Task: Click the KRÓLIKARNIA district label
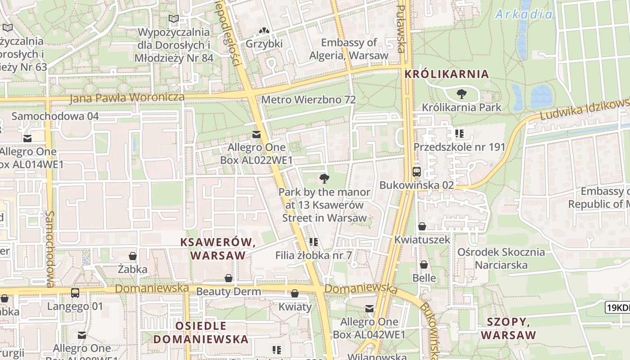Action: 446,74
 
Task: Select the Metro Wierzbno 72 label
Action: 308,99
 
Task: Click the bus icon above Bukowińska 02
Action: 417,172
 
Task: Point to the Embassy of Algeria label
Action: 349,49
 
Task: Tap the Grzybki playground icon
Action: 264,31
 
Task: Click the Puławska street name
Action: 401,30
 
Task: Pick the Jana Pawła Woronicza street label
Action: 127,97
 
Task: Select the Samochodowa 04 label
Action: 55,116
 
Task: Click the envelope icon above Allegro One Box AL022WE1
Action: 256,135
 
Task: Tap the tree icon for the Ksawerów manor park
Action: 324,179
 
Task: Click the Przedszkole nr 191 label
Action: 459,147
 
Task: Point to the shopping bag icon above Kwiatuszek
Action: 422,226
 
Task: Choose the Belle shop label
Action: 424,278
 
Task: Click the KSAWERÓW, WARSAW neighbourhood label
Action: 218,248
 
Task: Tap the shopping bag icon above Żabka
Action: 133,256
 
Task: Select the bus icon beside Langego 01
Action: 75,293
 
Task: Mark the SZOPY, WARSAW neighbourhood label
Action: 508,328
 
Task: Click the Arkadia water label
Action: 524,14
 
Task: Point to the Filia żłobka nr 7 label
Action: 314,255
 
